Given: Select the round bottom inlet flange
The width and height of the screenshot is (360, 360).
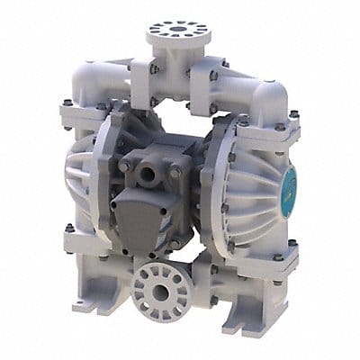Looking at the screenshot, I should [x=165, y=290].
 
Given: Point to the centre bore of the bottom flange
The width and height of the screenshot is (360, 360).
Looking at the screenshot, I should [x=164, y=291].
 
